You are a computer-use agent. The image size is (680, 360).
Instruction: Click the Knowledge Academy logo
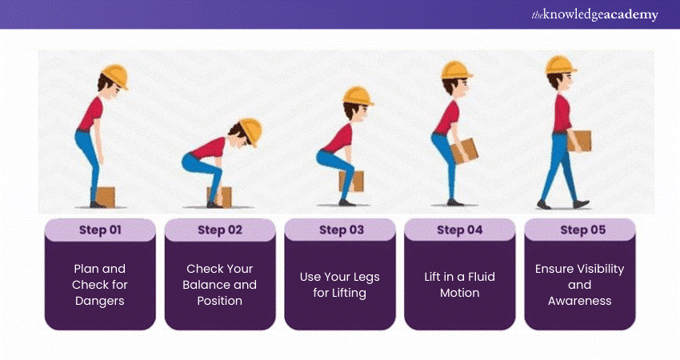(x=594, y=14)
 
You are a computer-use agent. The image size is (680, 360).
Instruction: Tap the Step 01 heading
(x=100, y=230)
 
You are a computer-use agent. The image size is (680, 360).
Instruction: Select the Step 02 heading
(x=220, y=230)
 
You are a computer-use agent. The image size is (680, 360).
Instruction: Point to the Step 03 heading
(x=342, y=230)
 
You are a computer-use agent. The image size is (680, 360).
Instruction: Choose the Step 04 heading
(x=460, y=230)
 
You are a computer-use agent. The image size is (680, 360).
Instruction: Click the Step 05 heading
(x=583, y=230)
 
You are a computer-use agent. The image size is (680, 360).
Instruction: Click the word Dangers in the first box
(x=100, y=301)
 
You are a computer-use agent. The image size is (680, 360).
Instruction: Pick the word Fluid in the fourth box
(x=481, y=277)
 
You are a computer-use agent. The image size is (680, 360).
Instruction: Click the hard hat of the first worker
(x=115, y=76)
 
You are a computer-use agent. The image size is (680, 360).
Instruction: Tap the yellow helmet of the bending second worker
(x=251, y=131)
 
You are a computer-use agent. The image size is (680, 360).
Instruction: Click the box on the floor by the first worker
(x=106, y=197)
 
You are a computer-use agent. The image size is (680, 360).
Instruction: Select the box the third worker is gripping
(x=352, y=182)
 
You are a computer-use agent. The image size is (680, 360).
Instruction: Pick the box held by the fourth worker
(x=465, y=151)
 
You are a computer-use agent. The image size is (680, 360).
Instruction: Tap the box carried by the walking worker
(x=579, y=141)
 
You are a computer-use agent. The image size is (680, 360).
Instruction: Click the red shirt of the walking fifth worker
(x=562, y=114)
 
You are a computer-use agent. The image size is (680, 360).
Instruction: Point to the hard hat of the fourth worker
(x=455, y=70)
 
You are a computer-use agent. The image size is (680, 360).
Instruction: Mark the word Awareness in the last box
(x=580, y=301)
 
